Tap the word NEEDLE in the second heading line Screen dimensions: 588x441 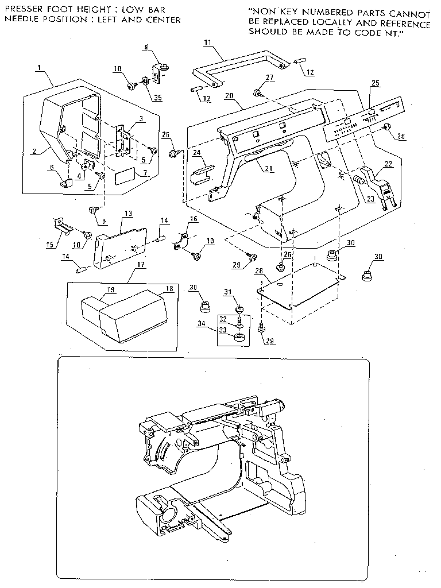click(20, 20)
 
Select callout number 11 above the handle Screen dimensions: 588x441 click(207, 42)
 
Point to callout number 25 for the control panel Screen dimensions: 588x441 click(375, 83)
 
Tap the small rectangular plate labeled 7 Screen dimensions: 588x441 click(126, 176)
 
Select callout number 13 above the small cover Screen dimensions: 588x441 click(127, 214)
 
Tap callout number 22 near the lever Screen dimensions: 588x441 click(389, 164)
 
